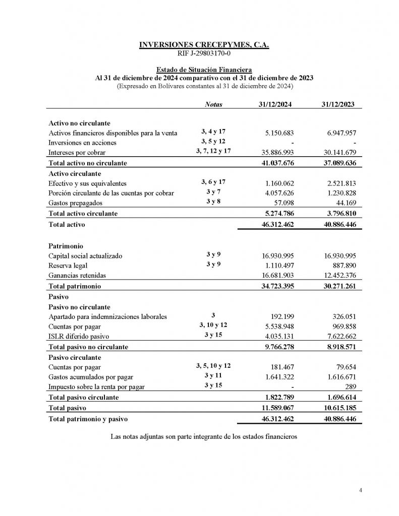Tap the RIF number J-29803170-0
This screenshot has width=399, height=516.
point(204,53)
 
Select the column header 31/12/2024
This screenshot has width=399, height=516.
point(275,104)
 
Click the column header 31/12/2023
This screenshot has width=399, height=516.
point(337,104)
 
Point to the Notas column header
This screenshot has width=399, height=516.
point(213,104)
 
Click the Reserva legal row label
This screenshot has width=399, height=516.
point(68,266)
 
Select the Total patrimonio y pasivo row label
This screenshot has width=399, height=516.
point(88,419)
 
